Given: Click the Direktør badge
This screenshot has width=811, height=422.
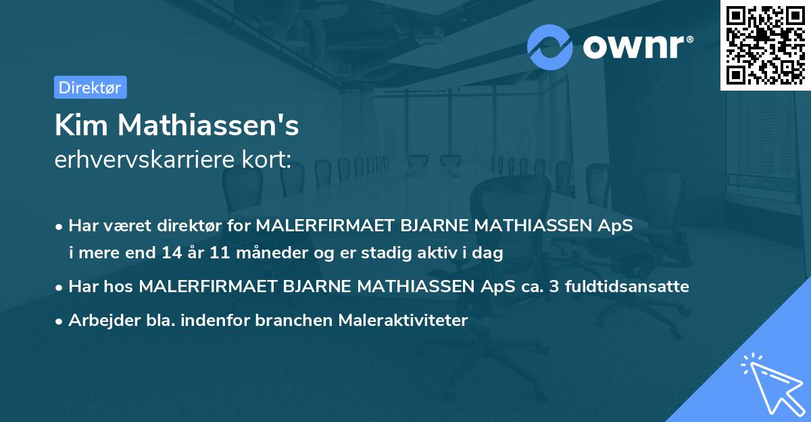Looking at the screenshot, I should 90,87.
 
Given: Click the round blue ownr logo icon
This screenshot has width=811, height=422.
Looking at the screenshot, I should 550,47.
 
